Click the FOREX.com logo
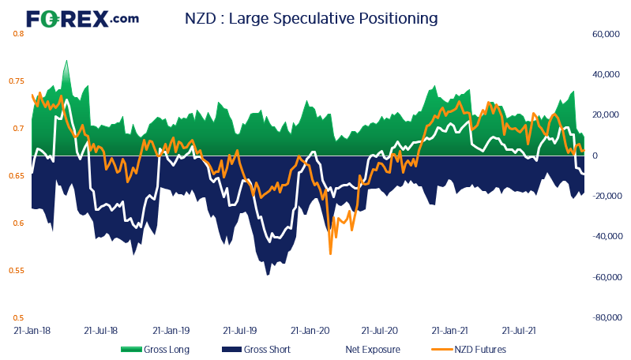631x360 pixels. pyautogui.click(x=82, y=17)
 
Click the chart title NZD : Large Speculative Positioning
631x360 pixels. pyautogui.click(x=310, y=17)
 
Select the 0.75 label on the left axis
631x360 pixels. pyautogui.click(x=17, y=81)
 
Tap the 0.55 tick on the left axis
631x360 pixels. pyautogui.click(x=17, y=271)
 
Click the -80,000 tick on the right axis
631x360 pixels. pyautogui.click(x=599, y=317)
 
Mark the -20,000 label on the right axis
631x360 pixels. pyautogui.click(x=599, y=196)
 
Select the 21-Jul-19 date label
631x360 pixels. pyautogui.click(x=240, y=332)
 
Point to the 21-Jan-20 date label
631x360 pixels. pyautogui.click(x=310, y=332)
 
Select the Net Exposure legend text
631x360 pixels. pyautogui.click(x=372, y=349)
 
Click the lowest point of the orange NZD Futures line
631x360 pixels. pyautogui.click(x=330, y=253)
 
